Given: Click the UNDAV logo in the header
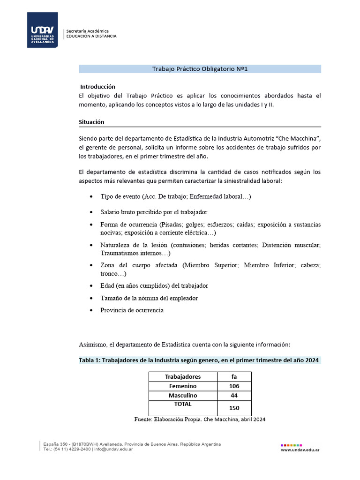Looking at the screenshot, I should click(42, 30).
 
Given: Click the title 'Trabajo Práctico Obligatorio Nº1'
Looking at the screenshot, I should click(200, 69).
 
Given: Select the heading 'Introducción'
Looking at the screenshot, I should click(97, 87).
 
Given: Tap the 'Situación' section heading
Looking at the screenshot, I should click(91, 122).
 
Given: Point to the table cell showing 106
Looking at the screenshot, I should click(234, 386).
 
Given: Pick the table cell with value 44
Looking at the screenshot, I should click(234, 396).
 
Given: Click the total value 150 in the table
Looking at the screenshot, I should click(234, 408).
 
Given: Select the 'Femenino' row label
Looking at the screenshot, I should click(183, 386).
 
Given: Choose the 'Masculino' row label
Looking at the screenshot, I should click(183, 396).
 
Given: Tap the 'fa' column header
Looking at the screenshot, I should click(234, 376).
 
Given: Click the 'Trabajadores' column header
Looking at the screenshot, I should click(183, 376).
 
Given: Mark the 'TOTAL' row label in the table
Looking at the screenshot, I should click(183, 404).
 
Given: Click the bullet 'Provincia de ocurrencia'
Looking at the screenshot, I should click(132, 310).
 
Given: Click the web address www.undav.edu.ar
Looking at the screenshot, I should click(300, 450).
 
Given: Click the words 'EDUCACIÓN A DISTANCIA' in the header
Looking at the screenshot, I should click(91, 36).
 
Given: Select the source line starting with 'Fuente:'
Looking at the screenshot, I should click(200, 420).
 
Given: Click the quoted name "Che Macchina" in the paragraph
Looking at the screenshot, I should click(298, 139).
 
